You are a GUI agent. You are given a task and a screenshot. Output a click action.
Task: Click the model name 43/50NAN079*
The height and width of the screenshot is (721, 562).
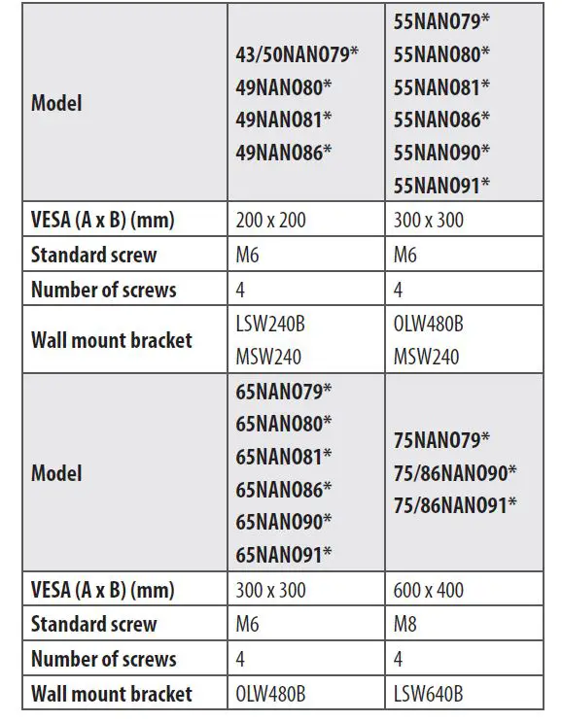(x=298, y=53)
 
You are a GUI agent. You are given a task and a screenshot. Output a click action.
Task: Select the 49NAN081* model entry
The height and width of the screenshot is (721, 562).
(x=284, y=119)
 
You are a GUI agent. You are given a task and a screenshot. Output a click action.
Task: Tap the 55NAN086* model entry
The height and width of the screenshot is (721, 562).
(x=441, y=119)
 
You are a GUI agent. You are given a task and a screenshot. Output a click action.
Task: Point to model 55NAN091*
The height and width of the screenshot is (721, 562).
(x=441, y=184)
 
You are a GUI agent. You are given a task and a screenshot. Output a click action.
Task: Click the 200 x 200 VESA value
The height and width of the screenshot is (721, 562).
(x=270, y=221)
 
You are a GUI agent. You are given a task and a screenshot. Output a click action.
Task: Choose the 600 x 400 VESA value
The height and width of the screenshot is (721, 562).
(x=429, y=590)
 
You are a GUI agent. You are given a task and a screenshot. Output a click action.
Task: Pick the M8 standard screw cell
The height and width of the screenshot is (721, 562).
(x=405, y=624)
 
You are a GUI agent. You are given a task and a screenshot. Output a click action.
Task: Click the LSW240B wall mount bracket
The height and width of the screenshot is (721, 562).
(x=276, y=324)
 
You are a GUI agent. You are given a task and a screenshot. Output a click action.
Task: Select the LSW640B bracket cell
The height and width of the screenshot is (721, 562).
(x=428, y=694)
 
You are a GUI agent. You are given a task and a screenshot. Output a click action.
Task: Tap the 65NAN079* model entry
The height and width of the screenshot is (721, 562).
(x=284, y=392)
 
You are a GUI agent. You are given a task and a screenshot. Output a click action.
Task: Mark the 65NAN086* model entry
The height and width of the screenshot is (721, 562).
(x=284, y=488)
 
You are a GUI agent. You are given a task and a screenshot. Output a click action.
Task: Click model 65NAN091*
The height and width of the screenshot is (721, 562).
(x=284, y=554)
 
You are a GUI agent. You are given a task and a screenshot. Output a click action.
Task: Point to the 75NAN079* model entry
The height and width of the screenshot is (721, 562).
(x=441, y=440)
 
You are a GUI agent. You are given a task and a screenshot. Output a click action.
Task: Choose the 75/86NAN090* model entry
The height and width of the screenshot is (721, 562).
(x=455, y=472)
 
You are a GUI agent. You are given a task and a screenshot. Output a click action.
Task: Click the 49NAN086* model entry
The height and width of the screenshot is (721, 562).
(x=284, y=152)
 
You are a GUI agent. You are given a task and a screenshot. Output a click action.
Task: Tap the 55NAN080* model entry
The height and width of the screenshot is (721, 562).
(x=441, y=53)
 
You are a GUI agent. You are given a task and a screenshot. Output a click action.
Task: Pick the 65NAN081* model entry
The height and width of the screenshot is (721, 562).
(x=284, y=456)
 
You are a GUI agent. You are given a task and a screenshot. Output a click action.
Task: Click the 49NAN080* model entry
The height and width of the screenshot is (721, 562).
(x=284, y=86)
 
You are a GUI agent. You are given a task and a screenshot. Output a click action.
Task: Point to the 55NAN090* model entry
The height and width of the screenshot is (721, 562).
(x=441, y=152)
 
